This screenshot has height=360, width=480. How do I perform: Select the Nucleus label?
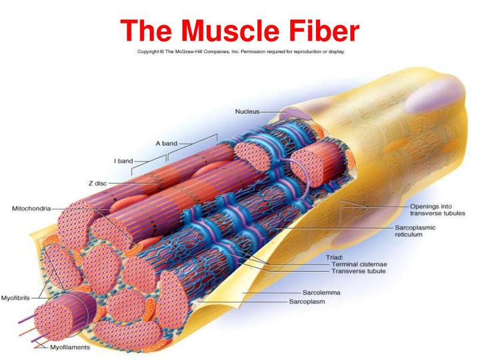[x=247, y=112]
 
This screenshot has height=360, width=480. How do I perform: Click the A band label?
[x=166, y=143]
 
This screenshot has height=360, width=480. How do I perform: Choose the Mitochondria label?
[x=31, y=209]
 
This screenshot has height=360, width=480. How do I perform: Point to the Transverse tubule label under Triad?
[x=364, y=272]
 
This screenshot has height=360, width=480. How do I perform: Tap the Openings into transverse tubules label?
[x=433, y=210]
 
